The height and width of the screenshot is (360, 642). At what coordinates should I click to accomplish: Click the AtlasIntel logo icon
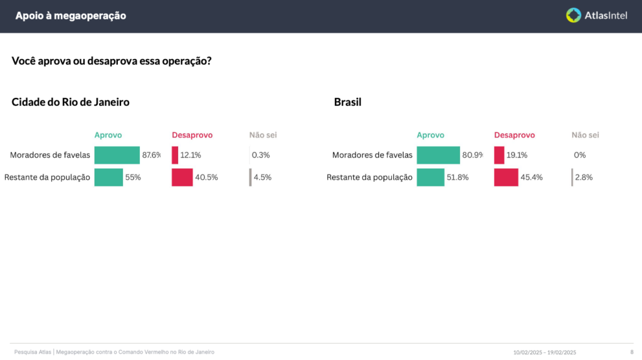point(574,16)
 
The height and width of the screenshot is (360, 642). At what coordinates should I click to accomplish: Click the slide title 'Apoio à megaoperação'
point(70,16)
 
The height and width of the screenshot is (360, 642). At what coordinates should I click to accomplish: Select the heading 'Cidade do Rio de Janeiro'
point(70,102)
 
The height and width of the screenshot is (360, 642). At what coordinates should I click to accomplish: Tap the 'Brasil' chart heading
point(347,102)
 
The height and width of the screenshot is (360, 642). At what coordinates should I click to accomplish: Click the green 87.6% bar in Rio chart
point(117,155)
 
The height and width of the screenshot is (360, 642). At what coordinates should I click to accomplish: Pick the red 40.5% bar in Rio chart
point(182,177)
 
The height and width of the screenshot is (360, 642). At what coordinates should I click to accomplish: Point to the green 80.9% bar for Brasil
point(438,155)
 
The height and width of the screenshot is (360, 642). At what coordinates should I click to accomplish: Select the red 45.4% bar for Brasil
point(506,177)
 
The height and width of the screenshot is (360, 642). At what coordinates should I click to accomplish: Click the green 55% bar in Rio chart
point(108,177)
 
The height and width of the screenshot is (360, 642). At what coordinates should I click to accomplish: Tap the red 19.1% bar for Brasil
point(499,155)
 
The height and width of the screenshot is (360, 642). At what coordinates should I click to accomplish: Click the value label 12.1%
point(191,155)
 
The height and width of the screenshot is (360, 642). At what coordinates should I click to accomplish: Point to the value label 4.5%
point(262,177)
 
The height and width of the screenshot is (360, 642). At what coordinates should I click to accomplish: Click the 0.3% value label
point(261,155)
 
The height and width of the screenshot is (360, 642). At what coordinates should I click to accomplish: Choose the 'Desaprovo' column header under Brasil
point(514,135)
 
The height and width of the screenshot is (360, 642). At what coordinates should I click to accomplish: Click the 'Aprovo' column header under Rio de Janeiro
point(108,135)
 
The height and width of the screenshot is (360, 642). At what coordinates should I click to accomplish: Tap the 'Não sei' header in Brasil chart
point(585,135)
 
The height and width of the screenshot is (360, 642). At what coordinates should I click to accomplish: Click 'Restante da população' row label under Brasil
point(369,177)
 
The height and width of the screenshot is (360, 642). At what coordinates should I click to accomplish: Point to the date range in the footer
point(544,352)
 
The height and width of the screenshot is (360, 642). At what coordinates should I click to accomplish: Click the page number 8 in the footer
point(631,352)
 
